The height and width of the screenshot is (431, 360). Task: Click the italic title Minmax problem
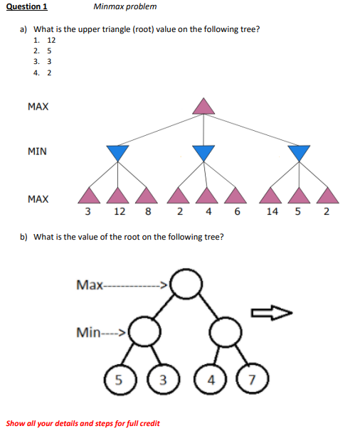pos(125,7)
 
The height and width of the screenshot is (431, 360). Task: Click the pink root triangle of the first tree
pos(204,106)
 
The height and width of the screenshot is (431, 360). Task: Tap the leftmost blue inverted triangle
pos(117,152)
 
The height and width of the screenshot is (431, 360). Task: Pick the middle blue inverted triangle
pos(204,152)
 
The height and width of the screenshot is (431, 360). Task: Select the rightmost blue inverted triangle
pos(300,152)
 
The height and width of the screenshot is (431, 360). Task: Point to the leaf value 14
pos(272,212)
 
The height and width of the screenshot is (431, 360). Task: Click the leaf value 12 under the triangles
pos(120,212)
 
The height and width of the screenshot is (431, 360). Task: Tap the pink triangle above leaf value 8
pos(147,194)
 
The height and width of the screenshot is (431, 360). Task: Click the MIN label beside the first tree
pos(38,151)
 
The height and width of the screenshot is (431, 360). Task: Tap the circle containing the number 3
pos(161,378)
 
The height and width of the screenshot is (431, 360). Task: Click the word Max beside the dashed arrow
pos(89,285)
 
